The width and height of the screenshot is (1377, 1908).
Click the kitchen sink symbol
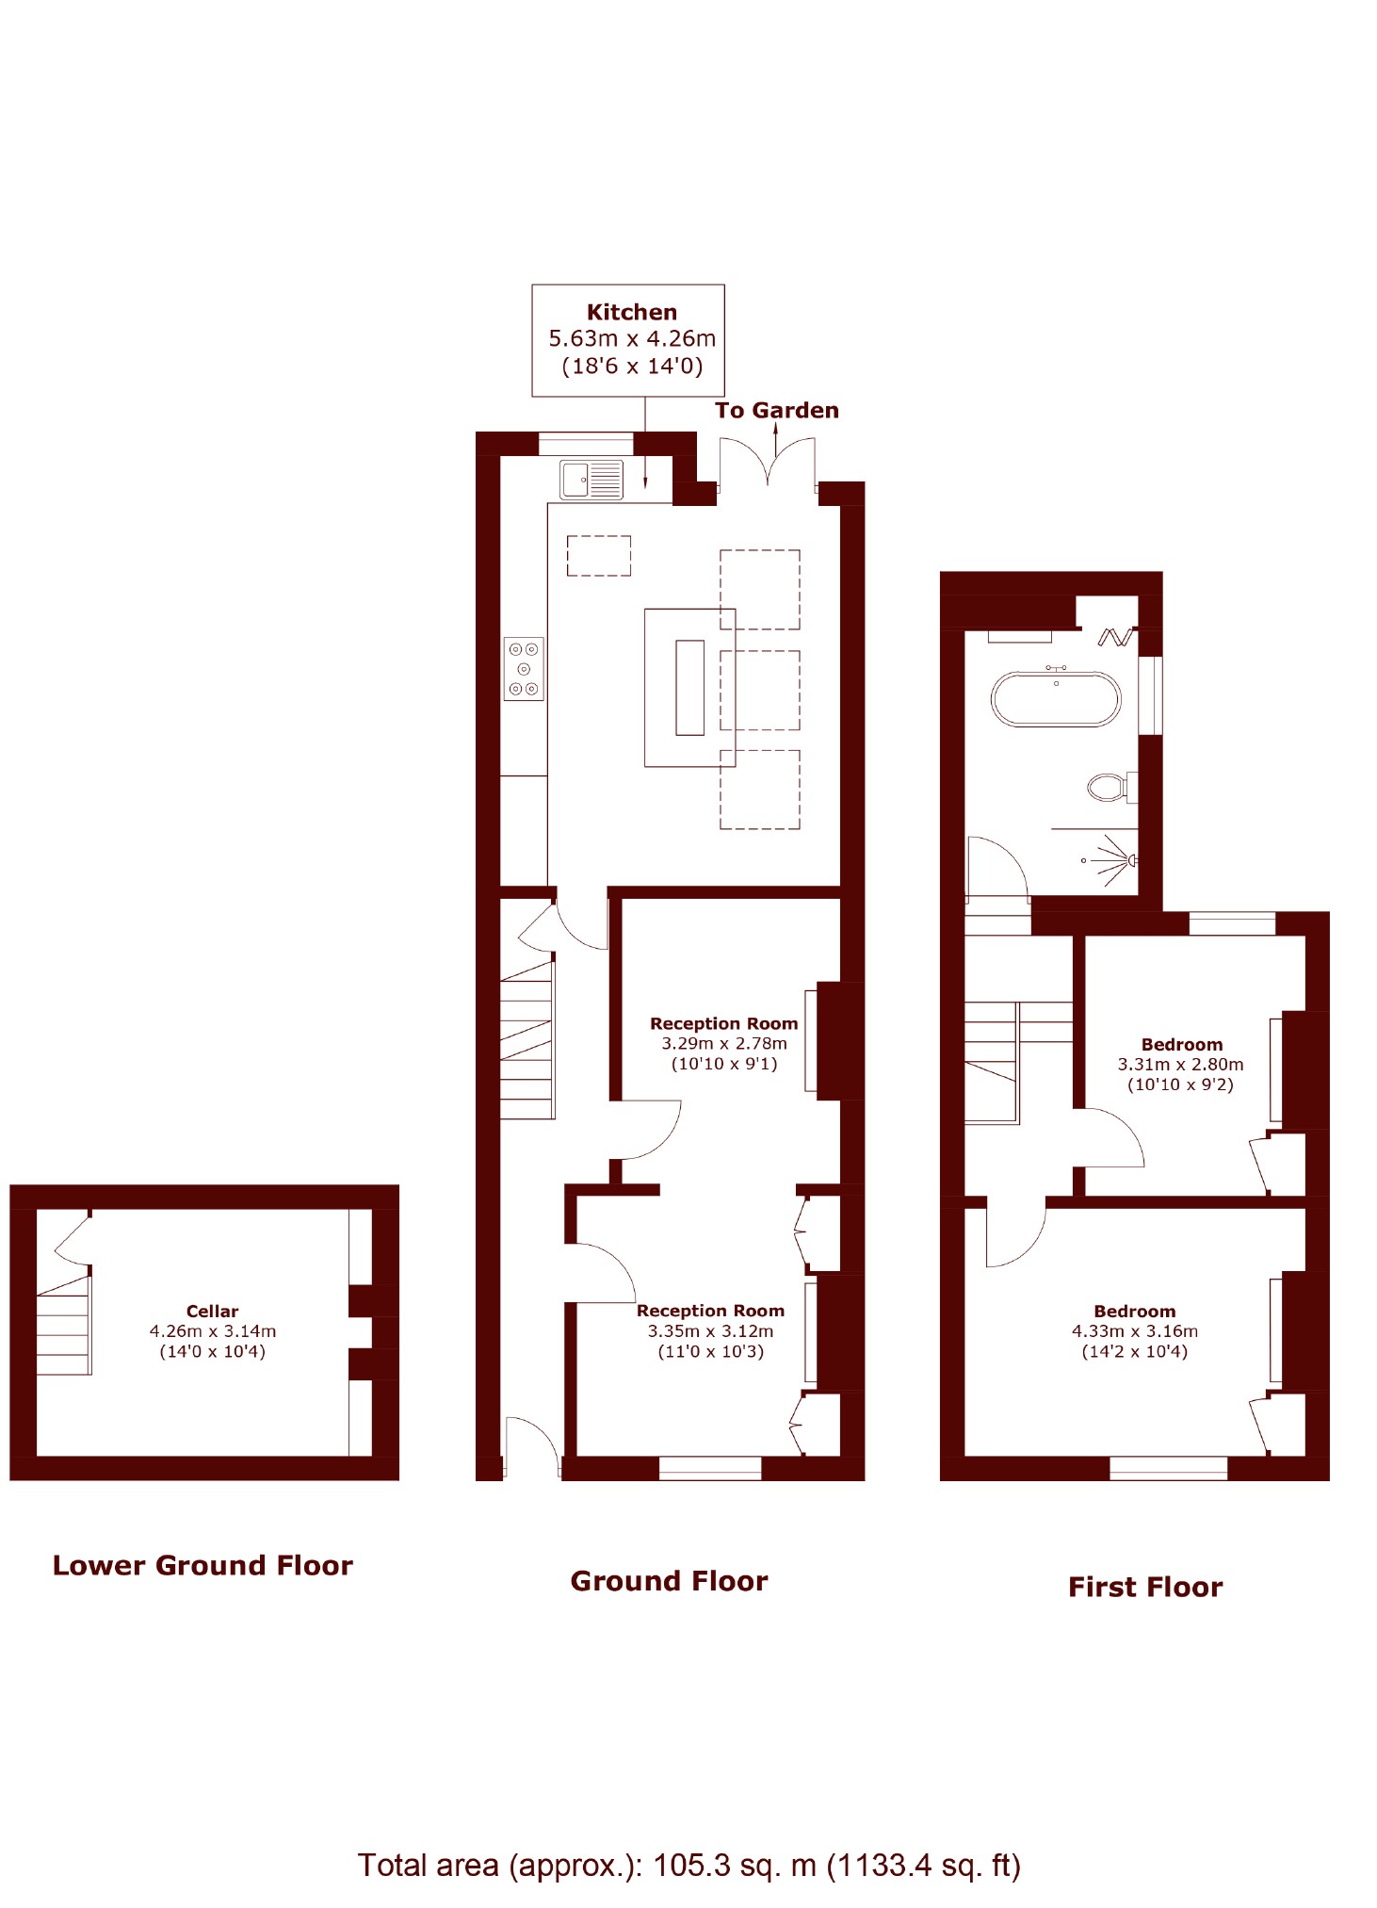tap(591, 480)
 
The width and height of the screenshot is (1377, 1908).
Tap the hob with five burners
tap(524, 669)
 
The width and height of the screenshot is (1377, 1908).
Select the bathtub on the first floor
tap(1056, 698)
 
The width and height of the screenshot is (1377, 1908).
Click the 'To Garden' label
tap(777, 410)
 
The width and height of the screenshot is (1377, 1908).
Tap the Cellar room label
tap(212, 1330)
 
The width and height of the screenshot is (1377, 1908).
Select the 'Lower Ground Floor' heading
tap(202, 1565)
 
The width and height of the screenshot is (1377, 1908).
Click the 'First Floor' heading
tap(1145, 1587)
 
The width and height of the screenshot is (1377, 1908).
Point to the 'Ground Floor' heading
tap(669, 1580)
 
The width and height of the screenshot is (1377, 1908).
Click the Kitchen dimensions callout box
tap(628, 340)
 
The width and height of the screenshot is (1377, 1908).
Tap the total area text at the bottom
tap(688, 1865)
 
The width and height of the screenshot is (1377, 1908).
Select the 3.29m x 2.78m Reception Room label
tap(724, 1043)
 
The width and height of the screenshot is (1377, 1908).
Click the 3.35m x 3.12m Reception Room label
tap(711, 1330)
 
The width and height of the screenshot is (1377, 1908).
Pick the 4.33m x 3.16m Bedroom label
tap(1135, 1330)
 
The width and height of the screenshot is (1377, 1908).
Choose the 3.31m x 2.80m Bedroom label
tap(1181, 1064)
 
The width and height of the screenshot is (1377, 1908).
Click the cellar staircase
tap(64, 1325)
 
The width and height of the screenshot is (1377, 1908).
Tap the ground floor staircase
tap(526, 1039)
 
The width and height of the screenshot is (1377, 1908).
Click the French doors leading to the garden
tap(768, 463)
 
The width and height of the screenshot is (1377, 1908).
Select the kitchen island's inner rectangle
tap(690, 687)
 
